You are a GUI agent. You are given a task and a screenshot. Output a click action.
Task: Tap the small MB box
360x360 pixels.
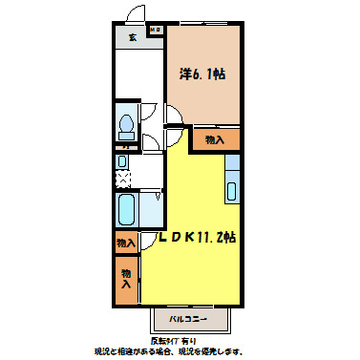tap(155, 31)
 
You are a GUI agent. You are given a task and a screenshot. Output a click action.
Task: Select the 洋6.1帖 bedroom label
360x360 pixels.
tap(202, 73)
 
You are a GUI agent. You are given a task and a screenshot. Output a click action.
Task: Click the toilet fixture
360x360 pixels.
tap(126, 127)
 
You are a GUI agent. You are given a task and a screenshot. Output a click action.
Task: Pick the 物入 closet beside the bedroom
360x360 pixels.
tap(215, 139)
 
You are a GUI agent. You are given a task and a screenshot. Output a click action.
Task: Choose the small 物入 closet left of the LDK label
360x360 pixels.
tap(126, 244)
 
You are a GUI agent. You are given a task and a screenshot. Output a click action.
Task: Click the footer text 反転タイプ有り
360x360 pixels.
tap(180, 339)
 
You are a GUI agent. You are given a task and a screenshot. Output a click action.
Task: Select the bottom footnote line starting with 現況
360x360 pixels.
tap(180, 350)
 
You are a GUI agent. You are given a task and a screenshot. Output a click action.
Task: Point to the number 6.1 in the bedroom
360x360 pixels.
tap(208, 73)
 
